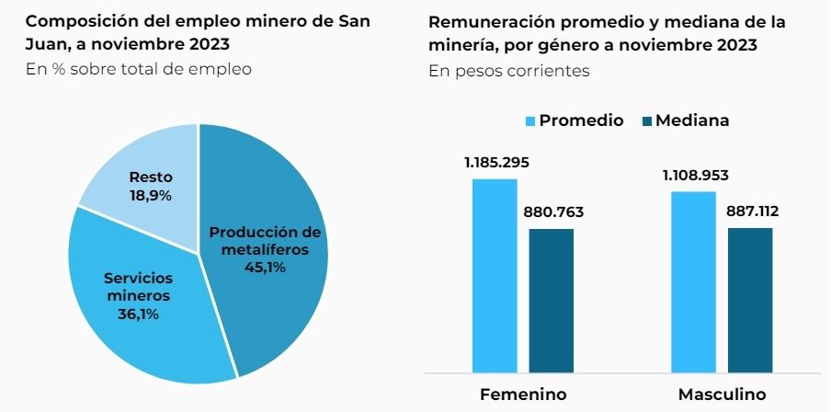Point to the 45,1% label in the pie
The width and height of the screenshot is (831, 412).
point(265,268)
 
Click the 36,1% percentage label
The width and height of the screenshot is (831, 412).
point(137,314)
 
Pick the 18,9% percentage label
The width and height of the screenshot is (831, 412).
point(151,195)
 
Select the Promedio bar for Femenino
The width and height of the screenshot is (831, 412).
point(495,276)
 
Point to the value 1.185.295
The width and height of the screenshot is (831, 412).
point(496,163)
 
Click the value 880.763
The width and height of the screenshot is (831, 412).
point(553,212)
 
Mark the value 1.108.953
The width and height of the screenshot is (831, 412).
point(695,175)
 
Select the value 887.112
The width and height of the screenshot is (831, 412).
point(752,212)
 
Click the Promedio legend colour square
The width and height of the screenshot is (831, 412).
point(529,120)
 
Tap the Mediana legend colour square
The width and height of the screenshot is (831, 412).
point(645,120)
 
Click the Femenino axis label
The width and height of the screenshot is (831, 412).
point(523,395)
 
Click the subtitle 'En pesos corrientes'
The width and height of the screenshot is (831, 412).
point(508,71)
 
